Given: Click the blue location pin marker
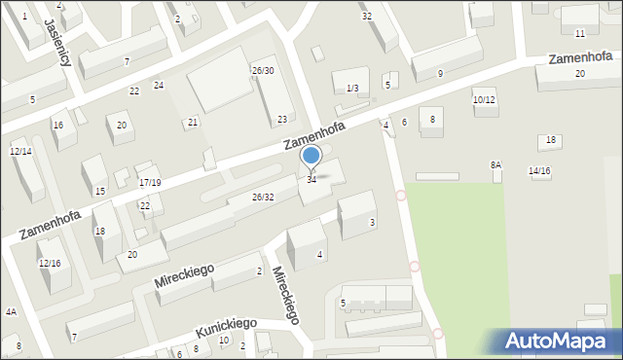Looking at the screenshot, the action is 311,157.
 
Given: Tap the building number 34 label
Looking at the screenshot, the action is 311,180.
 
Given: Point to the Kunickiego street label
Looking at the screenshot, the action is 226,328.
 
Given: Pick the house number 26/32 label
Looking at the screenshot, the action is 263,198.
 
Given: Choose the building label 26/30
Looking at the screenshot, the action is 263,71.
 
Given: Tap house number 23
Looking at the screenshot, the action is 282,120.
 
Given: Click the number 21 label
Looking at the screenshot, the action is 193,122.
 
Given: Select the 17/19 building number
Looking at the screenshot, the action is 150,182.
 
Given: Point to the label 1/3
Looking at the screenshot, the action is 352,89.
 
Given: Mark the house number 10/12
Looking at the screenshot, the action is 484,100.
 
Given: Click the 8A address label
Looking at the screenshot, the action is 495,165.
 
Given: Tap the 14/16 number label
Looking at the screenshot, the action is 539,171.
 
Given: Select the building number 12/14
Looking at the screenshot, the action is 20,151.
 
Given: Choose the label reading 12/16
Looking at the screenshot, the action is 50,264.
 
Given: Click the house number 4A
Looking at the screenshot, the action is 11,312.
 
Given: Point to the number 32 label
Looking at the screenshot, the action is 366,17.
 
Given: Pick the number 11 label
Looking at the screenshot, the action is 580,34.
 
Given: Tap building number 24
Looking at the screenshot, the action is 159,86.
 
